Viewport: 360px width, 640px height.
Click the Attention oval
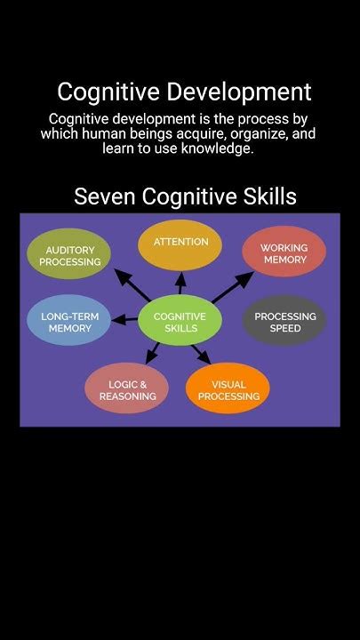(x=180, y=245)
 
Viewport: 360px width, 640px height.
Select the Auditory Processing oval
(x=68, y=253)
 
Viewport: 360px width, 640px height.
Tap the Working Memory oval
(x=284, y=252)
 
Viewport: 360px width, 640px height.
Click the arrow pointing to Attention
(x=180, y=283)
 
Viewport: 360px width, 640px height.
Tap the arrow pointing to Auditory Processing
(x=132, y=285)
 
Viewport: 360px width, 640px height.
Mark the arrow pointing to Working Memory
(x=233, y=287)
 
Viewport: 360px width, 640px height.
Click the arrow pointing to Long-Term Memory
(x=124, y=320)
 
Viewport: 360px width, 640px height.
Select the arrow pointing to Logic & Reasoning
(x=152, y=353)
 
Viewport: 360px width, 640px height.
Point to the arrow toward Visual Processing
(x=201, y=354)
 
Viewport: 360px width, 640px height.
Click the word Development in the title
(x=239, y=92)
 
